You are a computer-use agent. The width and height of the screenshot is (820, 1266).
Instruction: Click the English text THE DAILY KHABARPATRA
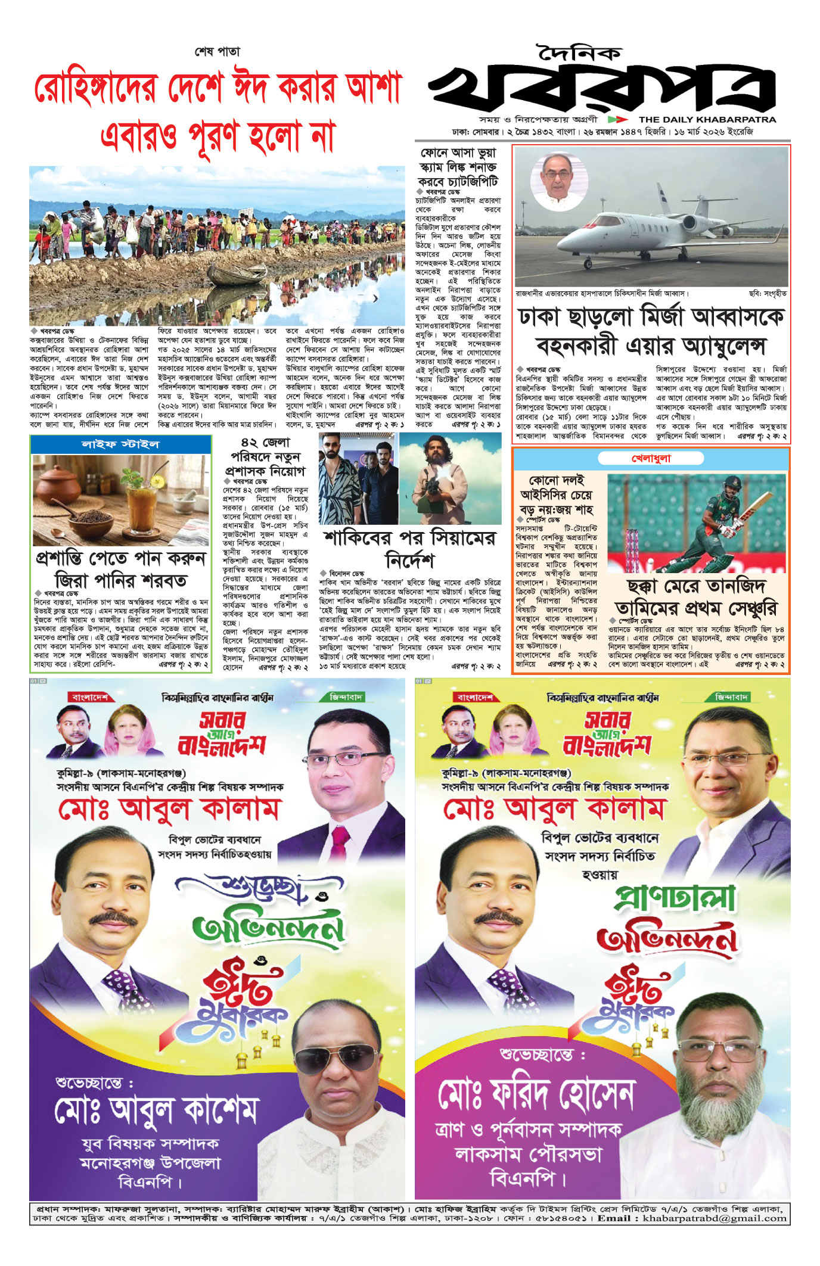707,119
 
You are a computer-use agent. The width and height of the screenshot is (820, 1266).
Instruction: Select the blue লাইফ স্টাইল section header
121,444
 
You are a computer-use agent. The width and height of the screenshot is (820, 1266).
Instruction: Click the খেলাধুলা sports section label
651,458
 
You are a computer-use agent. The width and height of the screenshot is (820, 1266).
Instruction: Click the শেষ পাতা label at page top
218,52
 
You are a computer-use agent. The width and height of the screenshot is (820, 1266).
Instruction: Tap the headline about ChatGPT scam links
458,167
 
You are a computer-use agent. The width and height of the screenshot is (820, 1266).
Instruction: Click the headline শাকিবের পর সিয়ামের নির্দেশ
409,549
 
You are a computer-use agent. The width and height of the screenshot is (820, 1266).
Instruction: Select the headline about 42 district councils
265,457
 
